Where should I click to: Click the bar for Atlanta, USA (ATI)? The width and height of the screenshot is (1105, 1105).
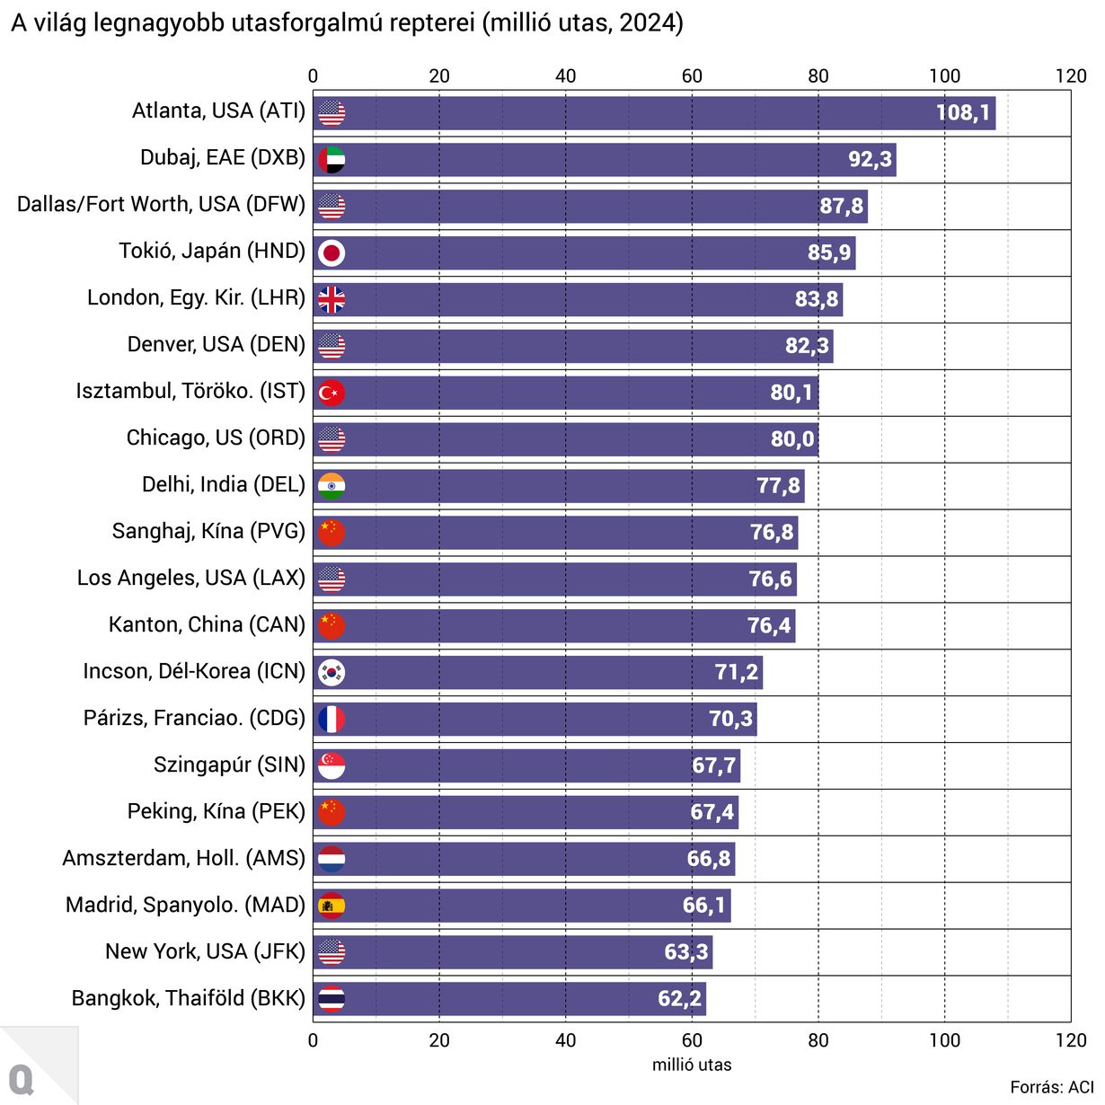click(x=629, y=113)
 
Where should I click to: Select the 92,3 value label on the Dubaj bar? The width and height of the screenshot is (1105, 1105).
click(x=870, y=160)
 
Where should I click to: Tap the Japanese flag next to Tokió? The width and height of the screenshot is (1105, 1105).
click(x=331, y=253)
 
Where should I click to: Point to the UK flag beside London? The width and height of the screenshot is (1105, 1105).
click(x=331, y=300)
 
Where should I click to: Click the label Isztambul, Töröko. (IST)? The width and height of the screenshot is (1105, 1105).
click(x=190, y=392)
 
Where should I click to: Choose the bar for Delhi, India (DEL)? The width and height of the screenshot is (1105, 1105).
click(x=557, y=487)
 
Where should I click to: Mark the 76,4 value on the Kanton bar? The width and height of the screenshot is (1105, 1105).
click(x=769, y=626)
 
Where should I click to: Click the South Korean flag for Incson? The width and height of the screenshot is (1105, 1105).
click(x=331, y=673)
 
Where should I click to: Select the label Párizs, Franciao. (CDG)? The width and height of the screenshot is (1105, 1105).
click(x=194, y=719)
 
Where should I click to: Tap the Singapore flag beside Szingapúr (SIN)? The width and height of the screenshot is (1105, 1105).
click(x=331, y=766)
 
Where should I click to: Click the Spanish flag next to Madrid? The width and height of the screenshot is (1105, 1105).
click(x=331, y=906)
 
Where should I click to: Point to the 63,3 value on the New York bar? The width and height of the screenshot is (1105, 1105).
click(x=686, y=952)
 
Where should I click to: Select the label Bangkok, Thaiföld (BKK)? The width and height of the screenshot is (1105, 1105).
click(x=189, y=999)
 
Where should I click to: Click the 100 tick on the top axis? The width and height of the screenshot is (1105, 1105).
click(x=944, y=76)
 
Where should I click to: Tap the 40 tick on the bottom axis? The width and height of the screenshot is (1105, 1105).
click(x=566, y=1040)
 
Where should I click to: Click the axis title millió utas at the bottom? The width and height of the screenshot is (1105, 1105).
click(x=692, y=1065)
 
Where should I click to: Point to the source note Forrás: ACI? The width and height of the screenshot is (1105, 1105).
click(x=1051, y=1088)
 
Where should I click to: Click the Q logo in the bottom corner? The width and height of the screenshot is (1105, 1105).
click(x=22, y=1078)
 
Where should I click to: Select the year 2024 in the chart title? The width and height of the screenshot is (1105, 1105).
click(x=650, y=23)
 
